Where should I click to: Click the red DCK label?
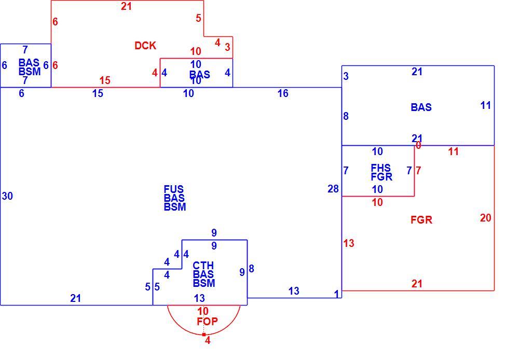(x=145, y=46)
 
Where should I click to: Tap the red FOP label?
(x=207, y=321)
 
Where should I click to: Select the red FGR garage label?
(x=421, y=220)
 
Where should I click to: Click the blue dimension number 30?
(x=7, y=196)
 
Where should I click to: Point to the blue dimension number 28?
(x=333, y=189)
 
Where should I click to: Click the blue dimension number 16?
(x=283, y=93)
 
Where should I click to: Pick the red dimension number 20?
(x=486, y=218)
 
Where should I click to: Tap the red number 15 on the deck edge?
(x=105, y=80)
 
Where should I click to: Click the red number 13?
(x=349, y=243)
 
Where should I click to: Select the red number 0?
(x=418, y=145)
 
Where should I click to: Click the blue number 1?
(x=337, y=294)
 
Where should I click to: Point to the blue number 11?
(x=486, y=105)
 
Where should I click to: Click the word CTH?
(x=203, y=266)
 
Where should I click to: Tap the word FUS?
(x=173, y=189)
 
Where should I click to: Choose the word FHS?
(x=381, y=168)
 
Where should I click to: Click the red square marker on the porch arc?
(x=203, y=335)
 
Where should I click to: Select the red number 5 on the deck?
(x=198, y=18)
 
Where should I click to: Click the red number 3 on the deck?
(x=227, y=47)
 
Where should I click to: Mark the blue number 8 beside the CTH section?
(x=251, y=269)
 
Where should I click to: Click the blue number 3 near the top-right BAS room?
(x=346, y=76)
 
